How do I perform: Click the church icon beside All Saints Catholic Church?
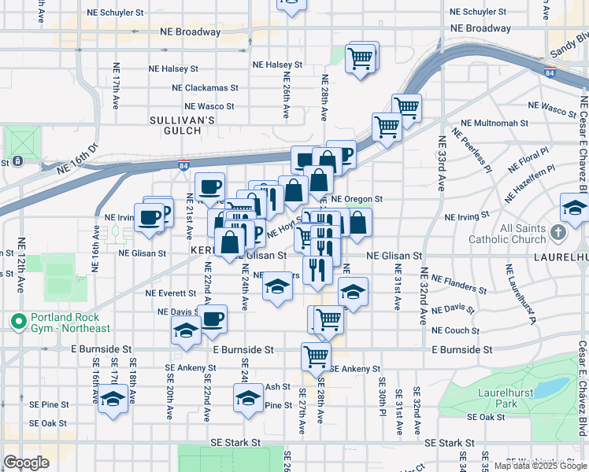558,233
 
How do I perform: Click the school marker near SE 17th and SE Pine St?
113,399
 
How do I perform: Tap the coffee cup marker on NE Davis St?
212,319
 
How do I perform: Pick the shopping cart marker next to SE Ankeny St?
316,356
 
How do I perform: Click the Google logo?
27,463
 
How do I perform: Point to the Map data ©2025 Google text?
540,466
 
